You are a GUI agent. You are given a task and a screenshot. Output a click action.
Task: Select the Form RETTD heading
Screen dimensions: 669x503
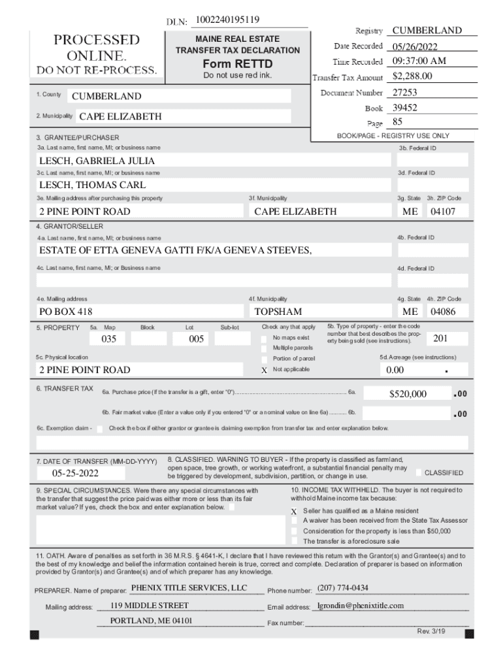[237, 64]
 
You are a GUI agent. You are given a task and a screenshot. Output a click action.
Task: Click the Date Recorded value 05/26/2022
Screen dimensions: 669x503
[415, 46]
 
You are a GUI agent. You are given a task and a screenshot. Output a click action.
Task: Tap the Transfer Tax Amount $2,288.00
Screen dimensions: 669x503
[413, 76]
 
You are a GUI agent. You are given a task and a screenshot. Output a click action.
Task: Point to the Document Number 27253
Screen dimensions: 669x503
[404, 93]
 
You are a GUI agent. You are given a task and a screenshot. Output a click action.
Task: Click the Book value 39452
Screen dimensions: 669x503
[404, 108]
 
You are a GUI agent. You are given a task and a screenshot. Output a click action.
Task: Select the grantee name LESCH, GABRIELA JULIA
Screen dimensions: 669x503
[97, 161]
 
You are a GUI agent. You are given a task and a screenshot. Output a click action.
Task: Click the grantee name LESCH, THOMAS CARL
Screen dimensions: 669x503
[92, 186]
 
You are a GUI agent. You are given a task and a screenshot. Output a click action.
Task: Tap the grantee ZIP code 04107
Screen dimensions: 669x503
[442, 212]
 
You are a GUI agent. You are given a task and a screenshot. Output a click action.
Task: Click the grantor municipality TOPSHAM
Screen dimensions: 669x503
[278, 312]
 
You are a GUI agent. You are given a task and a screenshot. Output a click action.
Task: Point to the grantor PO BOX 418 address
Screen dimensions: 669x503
[65, 312]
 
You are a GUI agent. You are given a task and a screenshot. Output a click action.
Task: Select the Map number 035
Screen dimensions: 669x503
[108, 339]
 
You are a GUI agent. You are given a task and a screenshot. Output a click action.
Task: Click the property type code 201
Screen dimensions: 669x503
[440, 338]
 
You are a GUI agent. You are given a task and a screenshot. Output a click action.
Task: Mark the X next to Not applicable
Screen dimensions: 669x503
[264, 370]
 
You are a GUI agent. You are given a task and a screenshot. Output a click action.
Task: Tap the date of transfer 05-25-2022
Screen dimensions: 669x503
[76, 473]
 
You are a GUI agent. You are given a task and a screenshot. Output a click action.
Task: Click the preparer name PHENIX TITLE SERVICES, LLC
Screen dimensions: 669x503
[189, 588]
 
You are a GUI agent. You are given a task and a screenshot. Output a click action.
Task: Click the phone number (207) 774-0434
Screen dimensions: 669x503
[342, 588]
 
